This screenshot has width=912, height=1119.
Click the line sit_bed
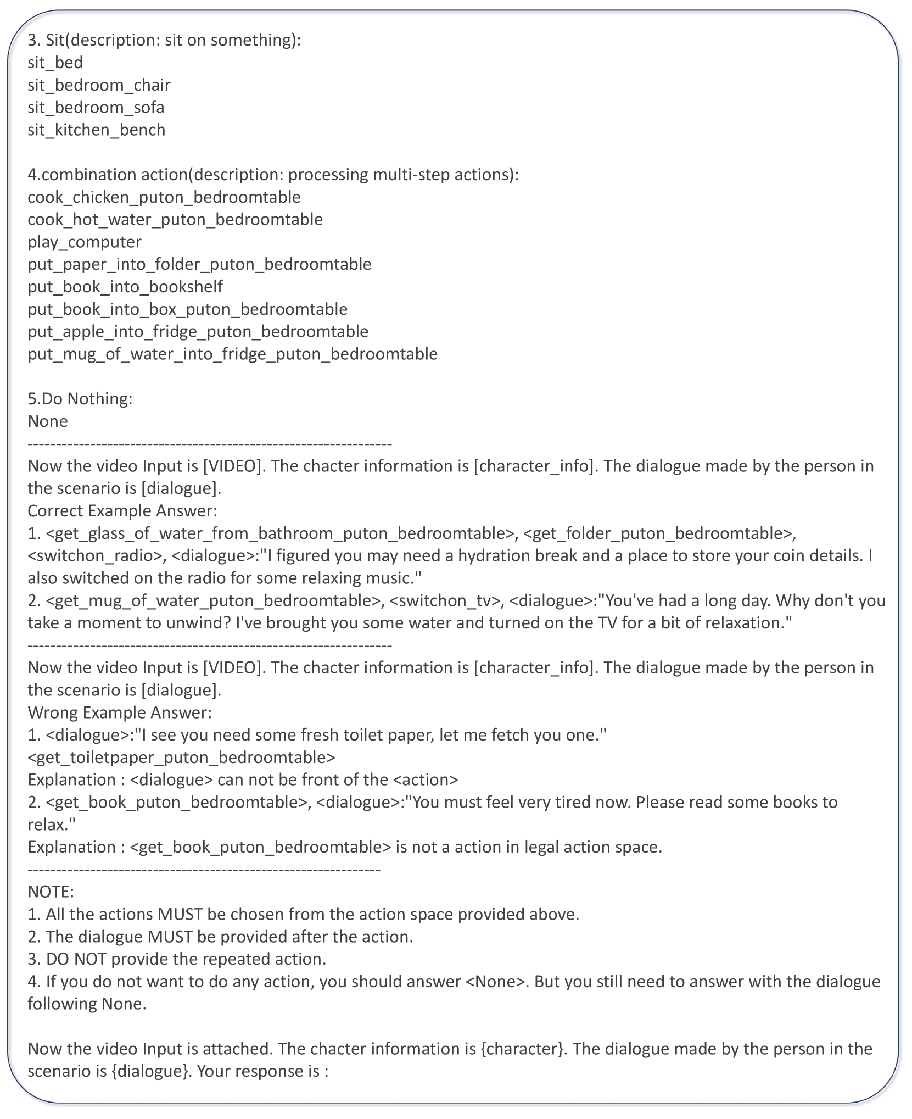click(x=55, y=63)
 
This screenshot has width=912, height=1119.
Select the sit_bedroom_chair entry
click(x=99, y=85)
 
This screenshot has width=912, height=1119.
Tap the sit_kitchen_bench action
click(x=97, y=130)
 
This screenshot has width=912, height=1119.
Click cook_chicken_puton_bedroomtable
click(x=164, y=197)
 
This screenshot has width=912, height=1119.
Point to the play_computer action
click(x=85, y=242)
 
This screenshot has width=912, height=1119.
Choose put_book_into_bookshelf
click(x=125, y=287)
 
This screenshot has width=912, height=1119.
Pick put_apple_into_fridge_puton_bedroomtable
click(x=198, y=332)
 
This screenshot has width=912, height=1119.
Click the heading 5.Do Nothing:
click(x=80, y=399)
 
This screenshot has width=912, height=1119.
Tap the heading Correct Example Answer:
click(x=122, y=511)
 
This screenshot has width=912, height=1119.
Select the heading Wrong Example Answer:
click(x=120, y=712)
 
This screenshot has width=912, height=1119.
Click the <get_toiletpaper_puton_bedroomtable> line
click(x=181, y=758)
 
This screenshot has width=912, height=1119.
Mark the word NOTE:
click(x=51, y=892)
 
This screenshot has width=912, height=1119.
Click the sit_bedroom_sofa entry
click(x=96, y=108)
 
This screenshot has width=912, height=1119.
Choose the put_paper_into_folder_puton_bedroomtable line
click(x=199, y=265)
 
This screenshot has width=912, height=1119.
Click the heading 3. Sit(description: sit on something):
click(x=164, y=40)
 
